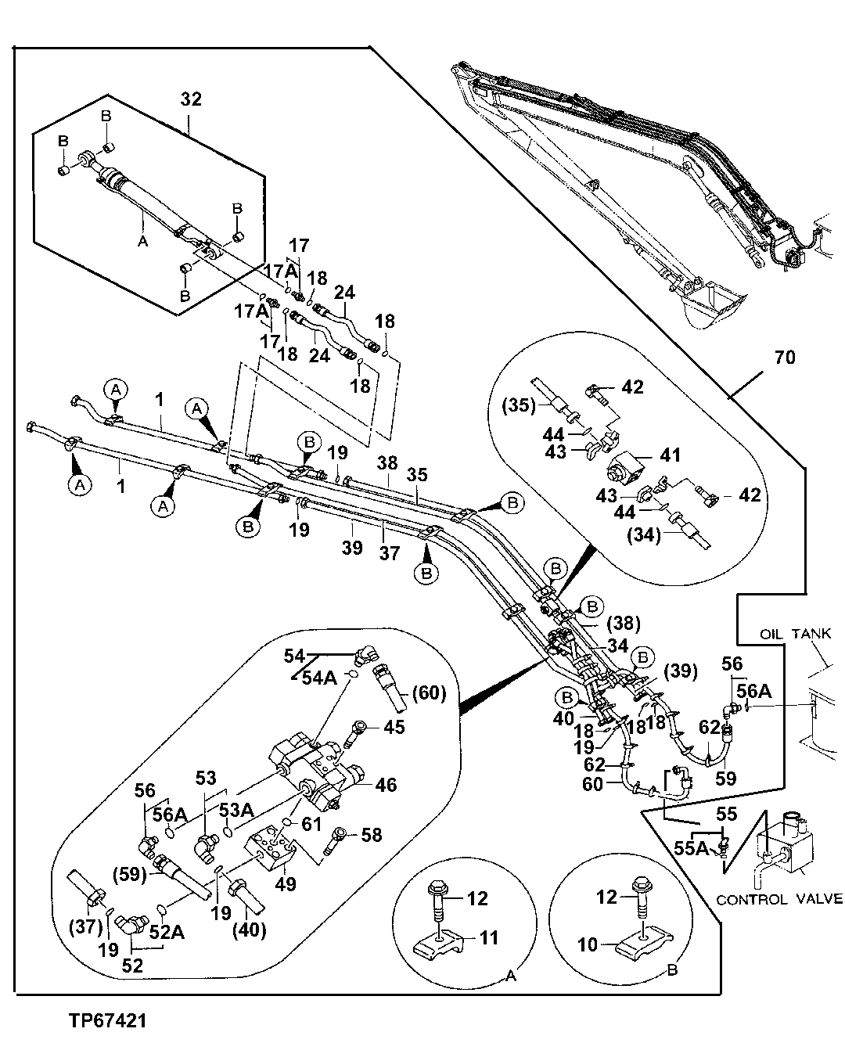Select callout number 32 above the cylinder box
click(191, 99)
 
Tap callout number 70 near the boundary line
click(785, 358)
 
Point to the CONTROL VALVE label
click(780, 899)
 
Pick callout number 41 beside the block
click(670, 455)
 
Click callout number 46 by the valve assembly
click(386, 784)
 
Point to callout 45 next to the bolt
click(394, 728)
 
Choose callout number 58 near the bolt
click(371, 836)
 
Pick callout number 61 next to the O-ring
click(312, 823)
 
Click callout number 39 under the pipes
click(352, 548)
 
